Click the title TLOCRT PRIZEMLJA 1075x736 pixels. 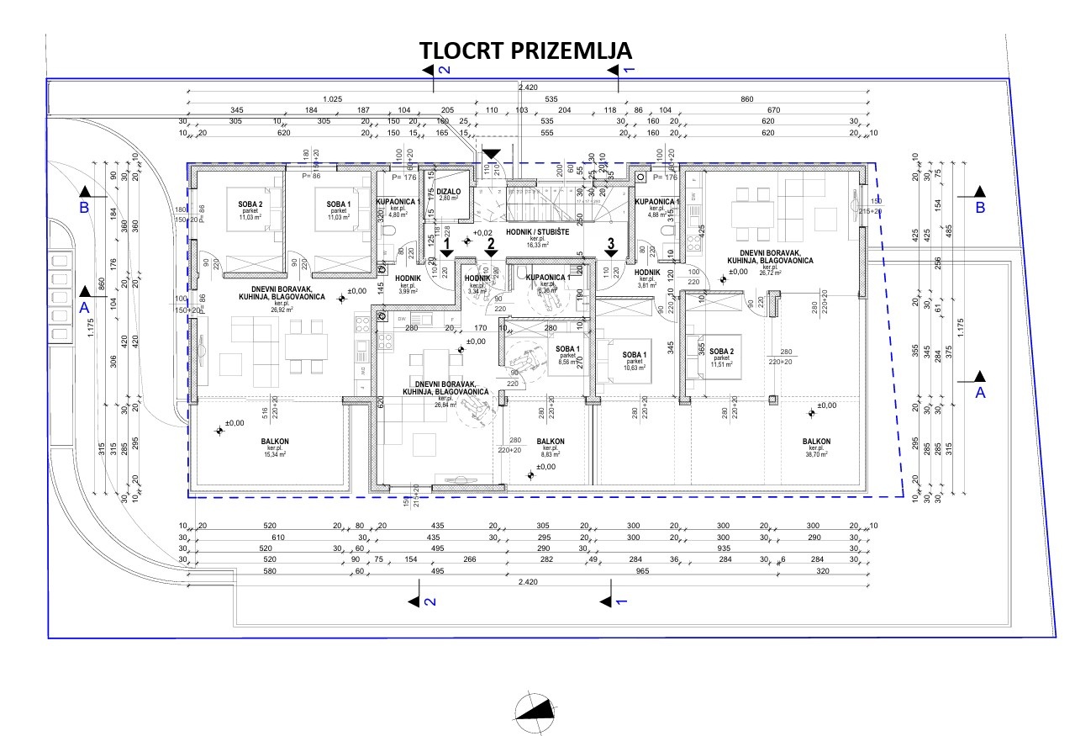[x=526, y=51]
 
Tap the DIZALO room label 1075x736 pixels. [x=450, y=193]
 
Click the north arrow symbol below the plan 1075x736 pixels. [x=536, y=710]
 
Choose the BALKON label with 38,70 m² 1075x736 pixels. [x=816, y=442]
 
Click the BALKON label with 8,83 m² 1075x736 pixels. [x=550, y=442]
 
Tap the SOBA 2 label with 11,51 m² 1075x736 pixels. [x=721, y=352]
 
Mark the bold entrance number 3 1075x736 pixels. [x=611, y=244]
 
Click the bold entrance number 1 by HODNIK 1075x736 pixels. [x=447, y=244]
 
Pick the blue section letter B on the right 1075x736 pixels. [x=979, y=206]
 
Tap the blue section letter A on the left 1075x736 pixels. [x=84, y=308]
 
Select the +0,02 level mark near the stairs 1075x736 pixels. [x=482, y=233]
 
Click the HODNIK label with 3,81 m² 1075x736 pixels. [x=646, y=273]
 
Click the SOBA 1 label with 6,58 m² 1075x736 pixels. [x=567, y=350]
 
